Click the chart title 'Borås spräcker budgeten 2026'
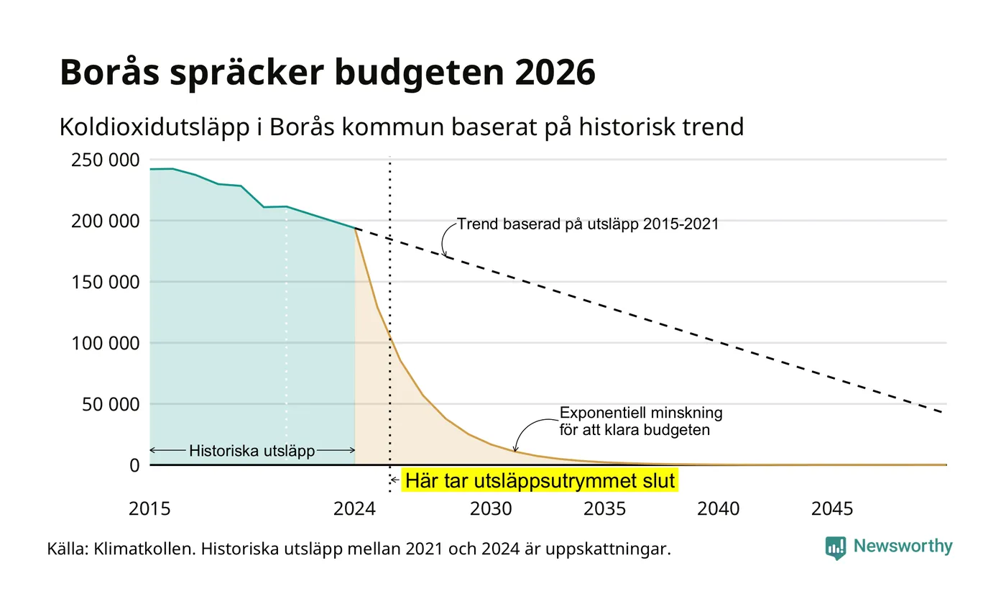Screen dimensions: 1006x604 328,72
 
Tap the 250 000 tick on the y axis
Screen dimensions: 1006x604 106,160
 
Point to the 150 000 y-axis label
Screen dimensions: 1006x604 106,282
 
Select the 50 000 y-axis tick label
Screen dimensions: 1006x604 111,404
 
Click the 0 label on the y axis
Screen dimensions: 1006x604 135,466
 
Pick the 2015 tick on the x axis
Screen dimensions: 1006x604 149,509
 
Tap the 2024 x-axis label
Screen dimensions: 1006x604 354,509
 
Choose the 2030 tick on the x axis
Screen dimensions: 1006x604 491,509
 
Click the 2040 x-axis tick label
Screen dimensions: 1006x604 718,509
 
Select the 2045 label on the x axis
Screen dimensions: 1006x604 832,509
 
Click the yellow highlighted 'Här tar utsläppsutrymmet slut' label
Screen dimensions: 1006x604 540,481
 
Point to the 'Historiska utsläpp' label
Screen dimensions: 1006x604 252,451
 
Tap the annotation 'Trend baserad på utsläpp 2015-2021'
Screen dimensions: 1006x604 588,224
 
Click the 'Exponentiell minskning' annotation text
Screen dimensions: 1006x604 641,413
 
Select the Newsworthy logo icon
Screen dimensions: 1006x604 835,548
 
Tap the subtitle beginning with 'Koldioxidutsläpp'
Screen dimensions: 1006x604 402,127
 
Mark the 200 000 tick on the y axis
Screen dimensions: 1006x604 106,221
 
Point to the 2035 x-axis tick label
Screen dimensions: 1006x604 604,509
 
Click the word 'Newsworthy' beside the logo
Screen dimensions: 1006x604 903,546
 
